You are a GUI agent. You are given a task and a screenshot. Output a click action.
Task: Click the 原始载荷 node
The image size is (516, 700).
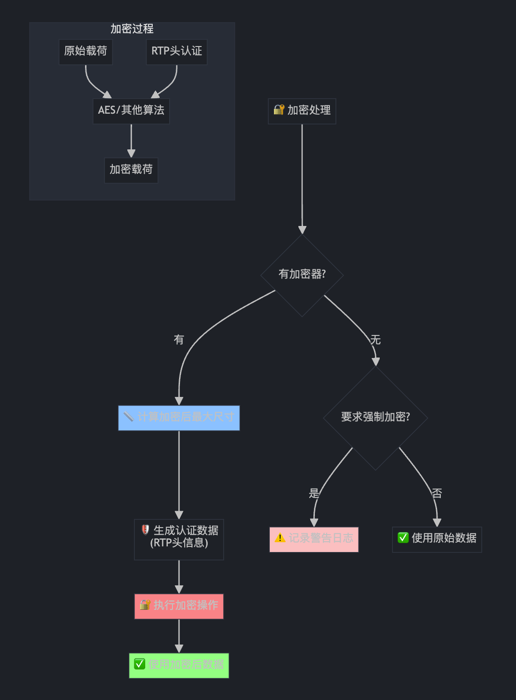point(86,51)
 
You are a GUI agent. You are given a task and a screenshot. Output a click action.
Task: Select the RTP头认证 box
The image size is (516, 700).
point(176,51)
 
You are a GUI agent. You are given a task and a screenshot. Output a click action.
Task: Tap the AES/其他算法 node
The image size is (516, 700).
point(131,110)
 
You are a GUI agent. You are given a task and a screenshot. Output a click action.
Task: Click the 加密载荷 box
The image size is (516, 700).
point(131,170)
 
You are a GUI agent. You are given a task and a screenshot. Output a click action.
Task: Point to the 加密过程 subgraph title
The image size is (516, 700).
point(132,29)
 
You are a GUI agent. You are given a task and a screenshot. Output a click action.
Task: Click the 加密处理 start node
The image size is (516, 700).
point(302,111)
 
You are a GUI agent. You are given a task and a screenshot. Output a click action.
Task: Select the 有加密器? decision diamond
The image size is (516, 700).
point(302,274)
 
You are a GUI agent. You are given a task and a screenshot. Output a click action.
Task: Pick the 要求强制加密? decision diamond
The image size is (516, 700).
point(375,417)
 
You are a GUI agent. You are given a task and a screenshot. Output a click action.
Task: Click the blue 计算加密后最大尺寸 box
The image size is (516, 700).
point(179,418)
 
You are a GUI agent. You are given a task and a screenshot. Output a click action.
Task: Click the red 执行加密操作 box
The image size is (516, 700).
point(179,606)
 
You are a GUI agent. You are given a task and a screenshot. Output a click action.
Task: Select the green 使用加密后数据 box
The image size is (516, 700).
point(179,665)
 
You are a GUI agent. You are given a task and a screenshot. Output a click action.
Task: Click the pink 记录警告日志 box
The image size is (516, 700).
point(313,539)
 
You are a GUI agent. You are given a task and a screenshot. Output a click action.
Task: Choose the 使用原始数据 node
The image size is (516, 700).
point(437,539)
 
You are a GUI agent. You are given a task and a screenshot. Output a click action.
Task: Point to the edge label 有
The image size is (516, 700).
point(179,340)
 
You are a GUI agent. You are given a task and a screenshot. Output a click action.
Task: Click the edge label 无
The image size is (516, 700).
point(375,340)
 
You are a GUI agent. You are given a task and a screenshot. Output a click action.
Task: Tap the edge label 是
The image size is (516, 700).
point(314,493)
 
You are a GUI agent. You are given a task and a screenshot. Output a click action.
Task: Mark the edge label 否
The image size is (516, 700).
point(437,493)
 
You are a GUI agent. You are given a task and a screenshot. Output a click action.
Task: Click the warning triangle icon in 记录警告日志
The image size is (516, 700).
point(280,538)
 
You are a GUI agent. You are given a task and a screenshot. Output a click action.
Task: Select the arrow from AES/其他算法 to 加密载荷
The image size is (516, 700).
point(131,140)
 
